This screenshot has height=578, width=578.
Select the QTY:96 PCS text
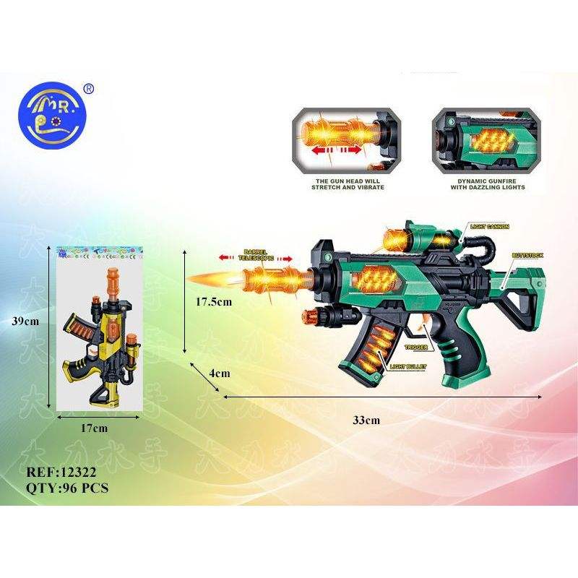(x=66, y=488)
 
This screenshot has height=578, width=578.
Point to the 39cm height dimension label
(x=39, y=322)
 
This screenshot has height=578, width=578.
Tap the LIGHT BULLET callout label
(x=408, y=367)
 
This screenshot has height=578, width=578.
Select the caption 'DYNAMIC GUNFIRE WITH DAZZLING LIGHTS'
(x=480, y=183)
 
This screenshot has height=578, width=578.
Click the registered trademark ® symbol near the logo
(x=89, y=89)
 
